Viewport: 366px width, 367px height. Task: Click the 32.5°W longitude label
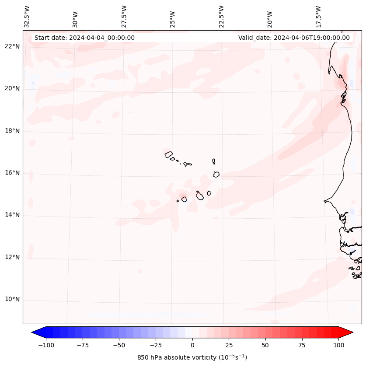tap(27, 17)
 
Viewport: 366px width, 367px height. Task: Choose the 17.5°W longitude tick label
tap(319, 17)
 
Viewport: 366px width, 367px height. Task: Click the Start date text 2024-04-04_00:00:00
tap(84, 38)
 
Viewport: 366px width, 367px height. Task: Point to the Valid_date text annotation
tap(294, 38)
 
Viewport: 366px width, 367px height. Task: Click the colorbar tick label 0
tap(192, 346)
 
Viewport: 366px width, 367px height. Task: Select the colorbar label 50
tap(265, 346)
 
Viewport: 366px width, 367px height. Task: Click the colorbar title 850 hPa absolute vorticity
tap(192, 357)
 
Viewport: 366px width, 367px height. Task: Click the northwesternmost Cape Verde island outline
tap(169, 154)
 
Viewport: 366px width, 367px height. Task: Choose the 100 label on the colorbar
tap(338, 346)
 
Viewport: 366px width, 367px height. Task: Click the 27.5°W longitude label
tap(124, 17)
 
